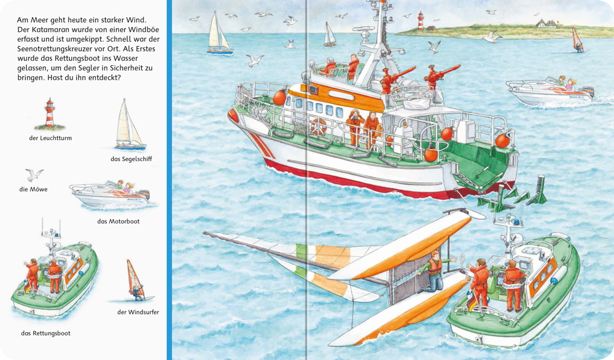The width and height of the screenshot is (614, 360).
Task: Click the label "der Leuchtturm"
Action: pos(50,138)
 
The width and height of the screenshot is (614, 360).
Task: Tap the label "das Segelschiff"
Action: pos(131,158)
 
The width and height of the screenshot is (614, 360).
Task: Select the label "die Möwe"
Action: pos(33,189)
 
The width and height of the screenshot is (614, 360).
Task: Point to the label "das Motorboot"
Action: pos(119,221)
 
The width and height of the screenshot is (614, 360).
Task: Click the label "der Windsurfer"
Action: pos(138,312)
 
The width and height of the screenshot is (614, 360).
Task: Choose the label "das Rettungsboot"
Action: pos(46,334)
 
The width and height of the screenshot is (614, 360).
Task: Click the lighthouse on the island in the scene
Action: pos(421,21)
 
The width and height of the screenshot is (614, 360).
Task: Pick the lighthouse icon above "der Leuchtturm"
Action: pos(49,114)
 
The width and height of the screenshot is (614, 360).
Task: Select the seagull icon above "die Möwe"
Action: pos(34,174)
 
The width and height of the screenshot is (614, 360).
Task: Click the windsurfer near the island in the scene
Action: pos(577,40)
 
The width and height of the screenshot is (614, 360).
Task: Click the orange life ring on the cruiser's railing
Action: pos(319,127)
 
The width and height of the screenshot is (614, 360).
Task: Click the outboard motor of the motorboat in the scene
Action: pos(589,92)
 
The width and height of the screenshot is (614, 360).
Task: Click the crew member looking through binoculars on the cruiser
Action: pos(355,127)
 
